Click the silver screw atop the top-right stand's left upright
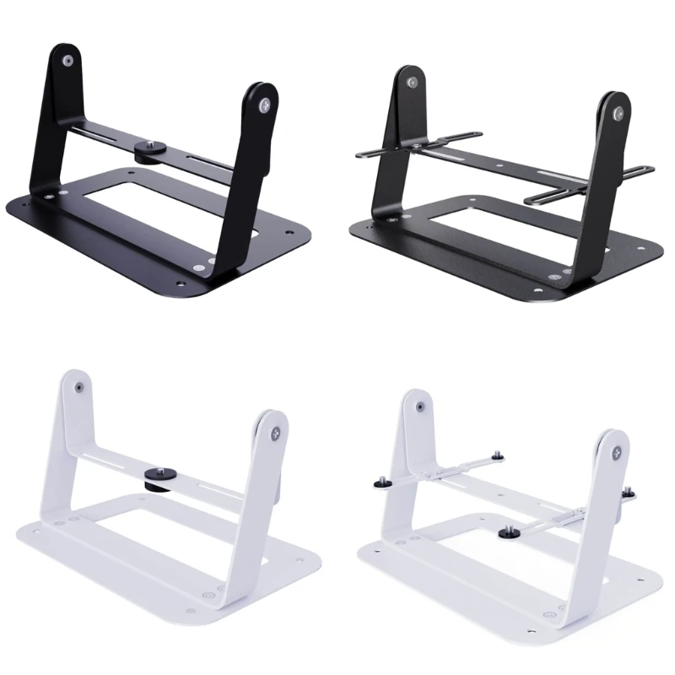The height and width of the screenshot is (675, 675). click(412, 81)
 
